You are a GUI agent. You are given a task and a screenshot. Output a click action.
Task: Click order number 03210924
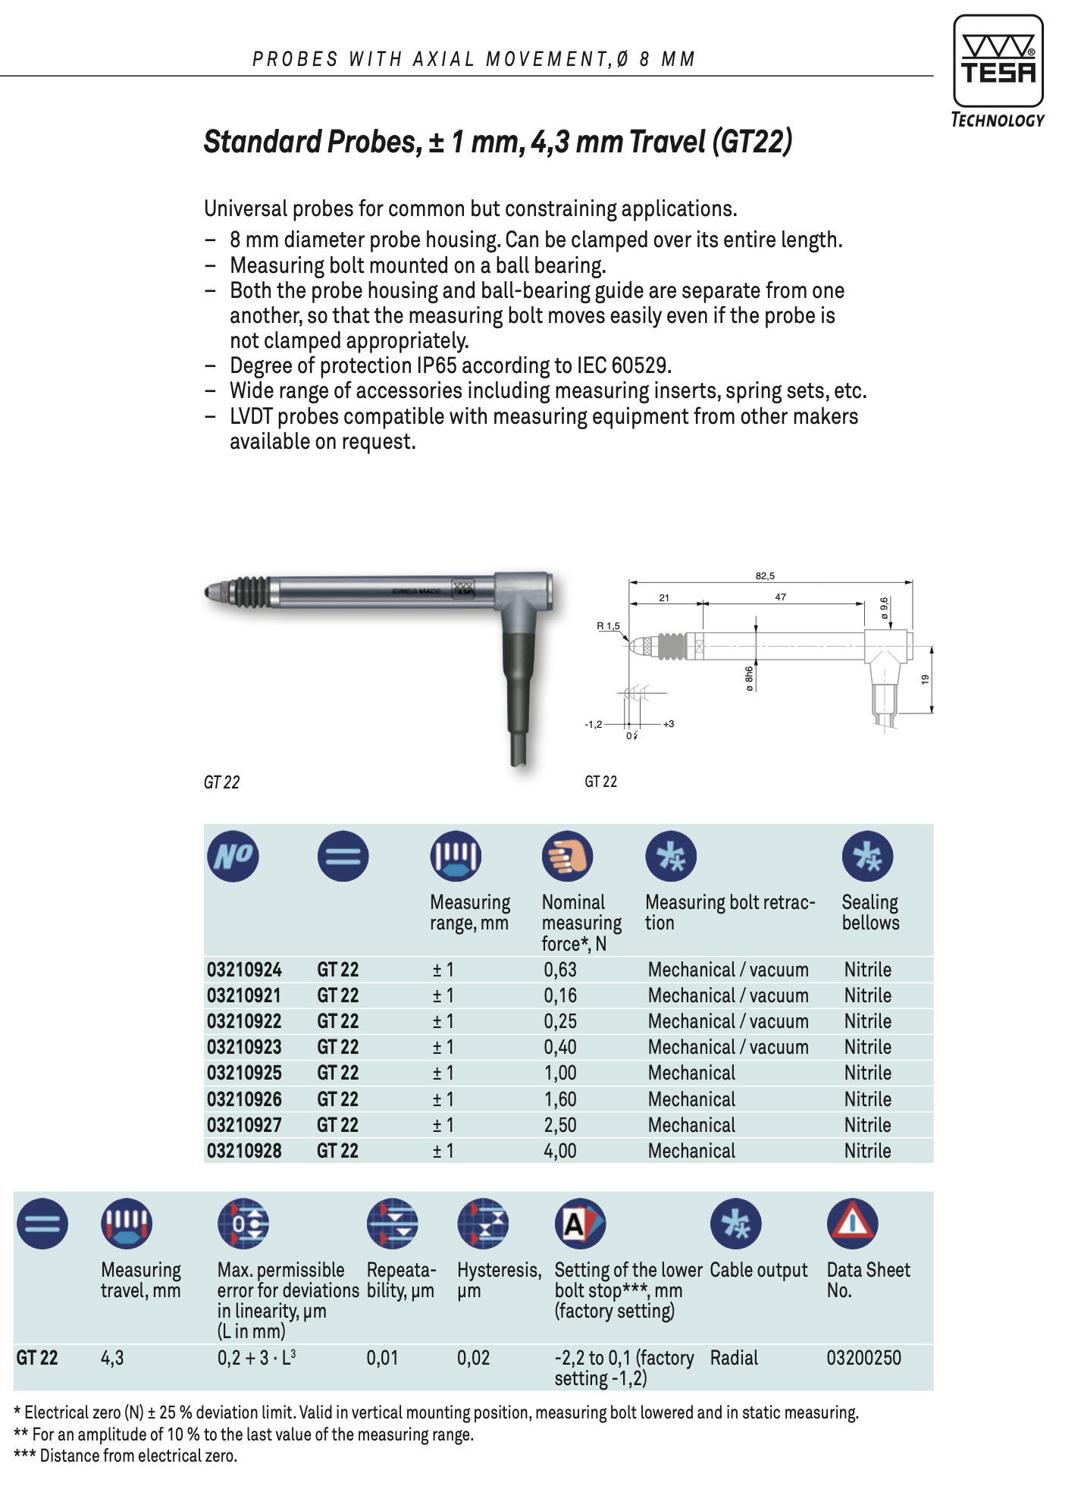(244, 970)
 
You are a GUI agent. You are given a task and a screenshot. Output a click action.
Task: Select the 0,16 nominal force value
(560, 995)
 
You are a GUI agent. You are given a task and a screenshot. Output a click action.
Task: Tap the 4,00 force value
(560, 1151)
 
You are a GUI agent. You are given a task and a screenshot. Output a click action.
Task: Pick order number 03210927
(244, 1125)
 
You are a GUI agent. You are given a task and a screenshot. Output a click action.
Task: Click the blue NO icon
(233, 856)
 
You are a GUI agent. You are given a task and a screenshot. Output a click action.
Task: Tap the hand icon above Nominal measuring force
(567, 856)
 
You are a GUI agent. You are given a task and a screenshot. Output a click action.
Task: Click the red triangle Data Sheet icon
(852, 1223)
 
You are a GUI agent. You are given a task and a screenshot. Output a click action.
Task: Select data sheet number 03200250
(863, 1357)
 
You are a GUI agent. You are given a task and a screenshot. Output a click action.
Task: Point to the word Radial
(734, 1357)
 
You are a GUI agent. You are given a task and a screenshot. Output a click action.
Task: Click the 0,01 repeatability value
(382, 1357)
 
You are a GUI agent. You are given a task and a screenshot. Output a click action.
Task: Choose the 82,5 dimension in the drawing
(765, 576)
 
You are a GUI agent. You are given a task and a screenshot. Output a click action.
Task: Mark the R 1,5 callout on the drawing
(608, 626)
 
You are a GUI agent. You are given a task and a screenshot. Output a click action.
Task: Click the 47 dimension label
(780, 597)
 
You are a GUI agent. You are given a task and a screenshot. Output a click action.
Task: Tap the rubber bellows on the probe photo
(249, 593)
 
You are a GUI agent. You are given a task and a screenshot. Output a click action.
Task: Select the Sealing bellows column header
(870, 912)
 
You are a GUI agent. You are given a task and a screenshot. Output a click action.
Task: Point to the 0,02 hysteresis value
(473, 1357)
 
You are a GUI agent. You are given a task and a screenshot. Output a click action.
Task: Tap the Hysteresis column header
(499, 1271)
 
